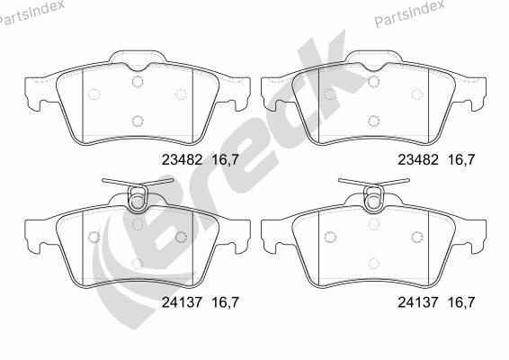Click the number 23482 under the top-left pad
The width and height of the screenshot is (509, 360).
tap(183, 159)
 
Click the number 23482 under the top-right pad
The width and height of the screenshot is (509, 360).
tap(418, 159)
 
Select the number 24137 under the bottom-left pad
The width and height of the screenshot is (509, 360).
tap(183, 302)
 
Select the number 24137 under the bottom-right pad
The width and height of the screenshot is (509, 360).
tap(418, 302)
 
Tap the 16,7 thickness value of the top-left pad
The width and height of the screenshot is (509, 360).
tap(226, 160)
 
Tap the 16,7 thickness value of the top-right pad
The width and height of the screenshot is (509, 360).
tap(461, 160)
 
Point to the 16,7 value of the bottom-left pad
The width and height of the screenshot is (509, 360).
tap(226, 302)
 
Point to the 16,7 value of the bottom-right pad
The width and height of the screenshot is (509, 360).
tap(461, 302)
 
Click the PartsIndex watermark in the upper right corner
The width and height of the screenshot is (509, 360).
tap(409, 13)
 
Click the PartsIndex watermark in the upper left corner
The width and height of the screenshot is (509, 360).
tap(31, 13)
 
